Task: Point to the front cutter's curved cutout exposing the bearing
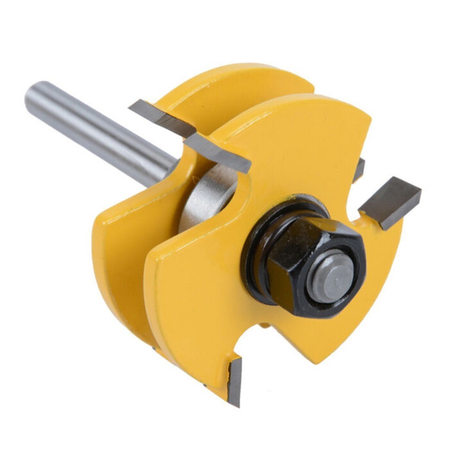pyautogui.click(x=233, y=190)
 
